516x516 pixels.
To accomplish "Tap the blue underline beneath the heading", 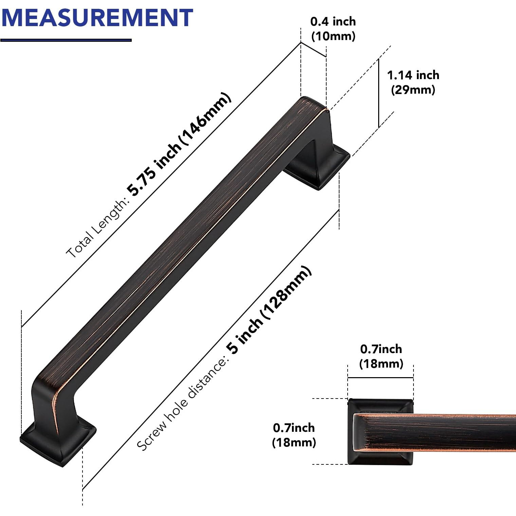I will [x=66, y=40].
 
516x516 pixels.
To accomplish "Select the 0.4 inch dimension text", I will [x=333, y=21].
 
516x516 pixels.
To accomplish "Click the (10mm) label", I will [x=333, y=36].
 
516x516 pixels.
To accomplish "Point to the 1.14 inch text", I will [x=413, y=75].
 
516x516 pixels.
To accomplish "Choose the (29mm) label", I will [x=413, y=90].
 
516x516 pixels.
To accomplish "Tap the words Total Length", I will [x=97, y=229].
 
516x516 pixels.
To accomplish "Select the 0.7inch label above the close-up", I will [x=381, y=349].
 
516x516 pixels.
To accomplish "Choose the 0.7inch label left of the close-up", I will [x=294, y=428].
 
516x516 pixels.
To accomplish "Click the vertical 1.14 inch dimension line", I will [x=379, y=93].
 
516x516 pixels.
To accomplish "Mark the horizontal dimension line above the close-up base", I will [x=380, y=377].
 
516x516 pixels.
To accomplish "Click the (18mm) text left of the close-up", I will [x=294, y=442].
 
